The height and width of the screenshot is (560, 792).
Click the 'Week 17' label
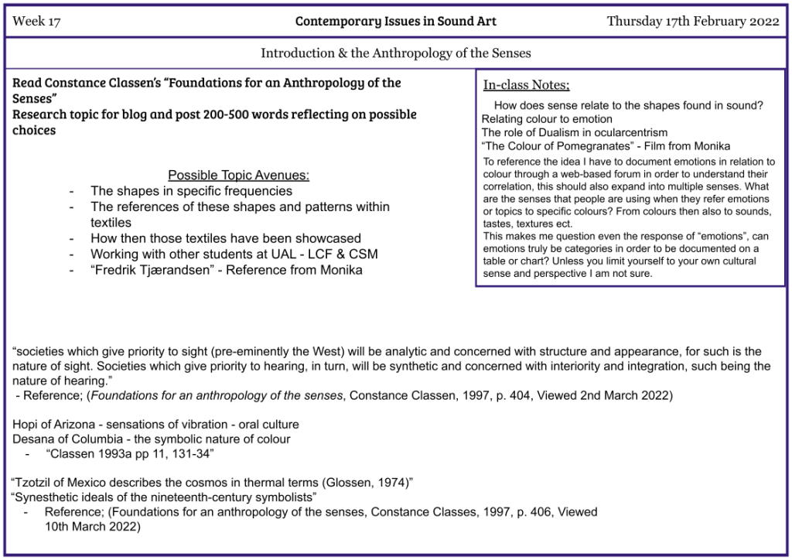click(36, 22)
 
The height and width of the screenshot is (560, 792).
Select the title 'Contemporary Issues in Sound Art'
click(395, 22)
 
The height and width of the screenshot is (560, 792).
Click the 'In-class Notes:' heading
click(526, 85)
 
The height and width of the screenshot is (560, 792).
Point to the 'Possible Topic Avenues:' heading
click(238, 175)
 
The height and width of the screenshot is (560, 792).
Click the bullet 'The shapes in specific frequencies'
click(191, 190)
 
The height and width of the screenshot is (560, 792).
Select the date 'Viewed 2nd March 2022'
click(616, 396)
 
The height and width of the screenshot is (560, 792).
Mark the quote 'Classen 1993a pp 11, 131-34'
click(130, 453)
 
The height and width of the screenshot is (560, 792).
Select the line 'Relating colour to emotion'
click(547, 119)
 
